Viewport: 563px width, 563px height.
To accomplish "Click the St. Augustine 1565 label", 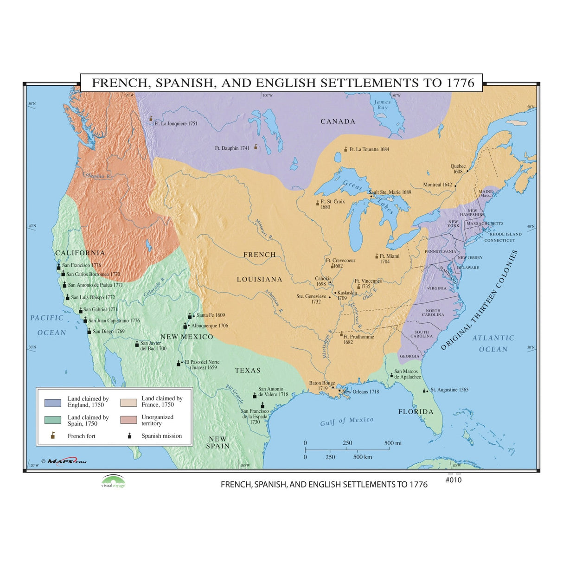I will (449, 390).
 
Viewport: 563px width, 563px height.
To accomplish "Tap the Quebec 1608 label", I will (458, 169).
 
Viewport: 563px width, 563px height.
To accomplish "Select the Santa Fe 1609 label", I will (211, 315).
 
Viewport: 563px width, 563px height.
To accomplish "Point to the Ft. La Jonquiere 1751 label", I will (176, 124).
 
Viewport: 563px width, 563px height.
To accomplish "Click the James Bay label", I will (382, 105).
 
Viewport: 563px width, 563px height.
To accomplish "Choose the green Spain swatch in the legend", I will (52, 420).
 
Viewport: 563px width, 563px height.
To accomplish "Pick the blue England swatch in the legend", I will (52, 402).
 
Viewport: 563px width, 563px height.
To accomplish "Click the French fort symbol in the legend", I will (52, 436).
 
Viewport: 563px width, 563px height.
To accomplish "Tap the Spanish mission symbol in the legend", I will (129, 436).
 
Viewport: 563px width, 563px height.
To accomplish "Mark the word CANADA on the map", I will (338, 122).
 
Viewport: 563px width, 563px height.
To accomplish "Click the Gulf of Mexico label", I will (346, 421).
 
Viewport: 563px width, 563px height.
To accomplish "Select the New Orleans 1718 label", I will (360, 392).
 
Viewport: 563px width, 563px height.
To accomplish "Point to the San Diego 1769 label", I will (109, 332).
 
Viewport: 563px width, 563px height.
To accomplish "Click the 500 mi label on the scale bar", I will (393, 443).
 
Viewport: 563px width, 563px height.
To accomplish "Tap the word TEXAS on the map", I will (248, 371).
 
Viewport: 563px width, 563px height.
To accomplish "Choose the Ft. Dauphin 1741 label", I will (232, 148).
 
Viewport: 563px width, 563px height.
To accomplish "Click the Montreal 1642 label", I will (437, 185).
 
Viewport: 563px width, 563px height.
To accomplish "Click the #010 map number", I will (454, 480).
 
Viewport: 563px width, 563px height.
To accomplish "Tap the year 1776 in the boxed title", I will (461, 83).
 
